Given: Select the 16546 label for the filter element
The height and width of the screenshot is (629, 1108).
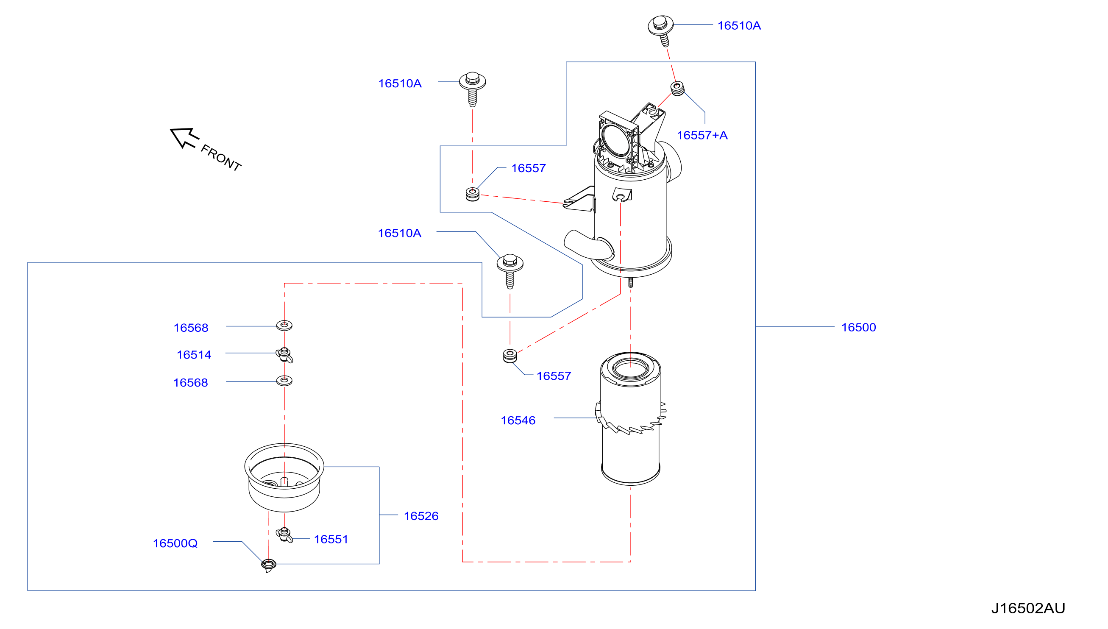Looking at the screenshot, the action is tap(518, 420).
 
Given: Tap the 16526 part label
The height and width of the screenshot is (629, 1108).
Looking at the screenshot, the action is tap(421, 516).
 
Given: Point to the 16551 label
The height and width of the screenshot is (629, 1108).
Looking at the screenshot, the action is tap(331, 539).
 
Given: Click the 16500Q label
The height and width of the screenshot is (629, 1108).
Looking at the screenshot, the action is tap(175, 543).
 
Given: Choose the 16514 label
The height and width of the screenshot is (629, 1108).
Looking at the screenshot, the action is tap(194, 355).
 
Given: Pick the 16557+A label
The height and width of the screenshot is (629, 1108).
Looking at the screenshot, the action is tap(702, 135).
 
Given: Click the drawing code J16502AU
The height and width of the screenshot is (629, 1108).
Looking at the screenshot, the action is tap(1027, 608).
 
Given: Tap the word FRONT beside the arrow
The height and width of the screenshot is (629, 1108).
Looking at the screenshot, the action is tap(221, 158).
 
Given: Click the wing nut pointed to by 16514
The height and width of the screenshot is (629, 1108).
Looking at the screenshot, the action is tap(284, 355).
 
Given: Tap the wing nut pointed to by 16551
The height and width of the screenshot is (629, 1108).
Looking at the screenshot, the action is tap(284, 535).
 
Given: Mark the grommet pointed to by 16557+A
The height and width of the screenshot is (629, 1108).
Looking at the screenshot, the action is tap(677, 89).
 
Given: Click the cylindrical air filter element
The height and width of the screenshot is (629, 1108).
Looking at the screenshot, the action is tap(631, 418).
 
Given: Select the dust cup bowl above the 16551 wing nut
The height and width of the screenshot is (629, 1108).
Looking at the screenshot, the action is tap(284, 477).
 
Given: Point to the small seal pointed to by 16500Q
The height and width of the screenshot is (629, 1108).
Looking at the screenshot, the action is tap(269, 565).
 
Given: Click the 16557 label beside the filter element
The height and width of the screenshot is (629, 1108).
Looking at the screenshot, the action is tap(553, 376).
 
